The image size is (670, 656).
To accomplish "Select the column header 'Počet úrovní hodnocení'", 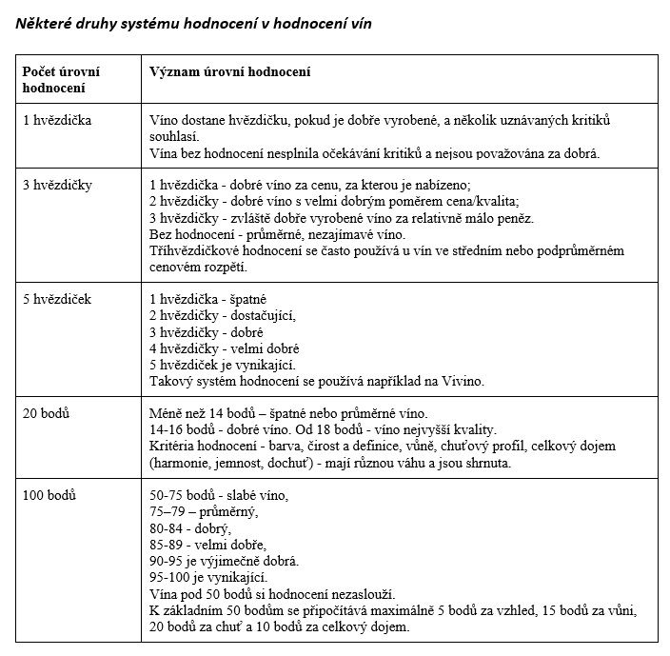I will tap(62, 80).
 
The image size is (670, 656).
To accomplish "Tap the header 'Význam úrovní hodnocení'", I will tap(232, 72).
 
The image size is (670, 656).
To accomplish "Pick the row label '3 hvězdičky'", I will tap(57, 185).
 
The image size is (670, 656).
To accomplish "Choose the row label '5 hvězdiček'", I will tap(57, 300).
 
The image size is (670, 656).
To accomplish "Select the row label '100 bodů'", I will tap(49, 496).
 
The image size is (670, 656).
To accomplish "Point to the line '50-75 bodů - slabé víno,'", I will tap(219, 496).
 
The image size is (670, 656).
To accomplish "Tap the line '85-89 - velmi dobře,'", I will tap(207, 545).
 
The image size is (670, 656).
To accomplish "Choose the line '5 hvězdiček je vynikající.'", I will tap(224, 365).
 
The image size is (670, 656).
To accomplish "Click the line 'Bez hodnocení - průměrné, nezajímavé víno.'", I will tap(277, 234).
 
